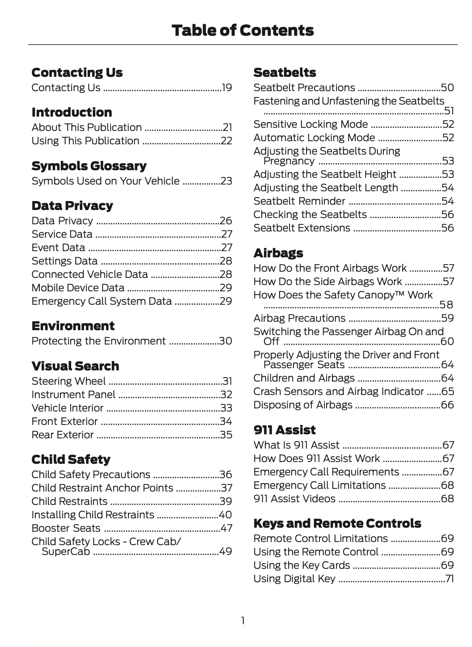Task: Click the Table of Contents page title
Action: click(242, 30)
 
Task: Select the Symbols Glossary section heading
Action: click(89, 166)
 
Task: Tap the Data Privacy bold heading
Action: click(72, 206)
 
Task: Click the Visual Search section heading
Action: click(75, 366)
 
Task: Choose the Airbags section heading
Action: click(278, 253)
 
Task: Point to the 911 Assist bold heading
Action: click(284, 430)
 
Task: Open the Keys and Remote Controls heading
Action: click(337, 523)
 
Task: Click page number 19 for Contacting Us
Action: click(227, 88)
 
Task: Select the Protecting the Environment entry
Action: click(98, 341)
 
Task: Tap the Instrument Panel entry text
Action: click(73, 395)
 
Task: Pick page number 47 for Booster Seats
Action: click(226, 528)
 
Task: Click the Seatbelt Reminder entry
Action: click(299, 201)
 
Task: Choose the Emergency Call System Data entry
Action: click(102, 301)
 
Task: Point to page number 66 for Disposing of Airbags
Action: click(447, 405)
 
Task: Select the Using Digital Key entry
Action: click(294, 579)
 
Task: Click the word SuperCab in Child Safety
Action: click(66, 551)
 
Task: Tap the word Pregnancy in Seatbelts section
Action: click(289, 161)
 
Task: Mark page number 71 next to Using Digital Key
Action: click(449, 579)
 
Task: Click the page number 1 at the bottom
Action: click(242, 620)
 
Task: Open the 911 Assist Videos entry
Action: click(294, 498)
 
